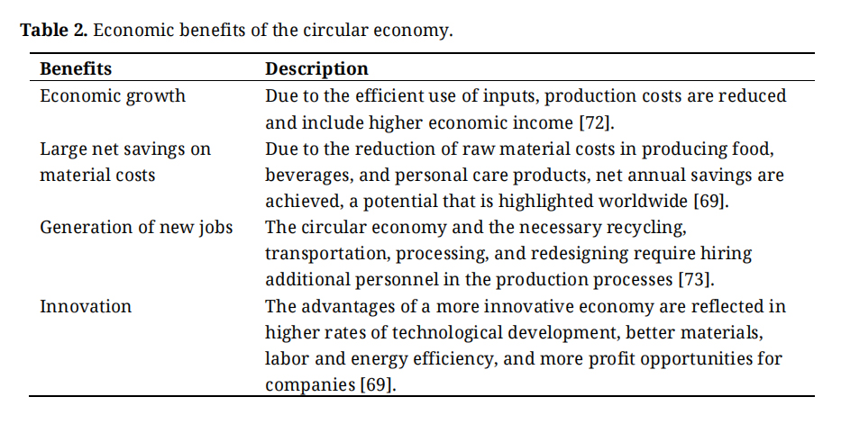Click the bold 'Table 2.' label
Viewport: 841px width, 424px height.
(x=53, y=31)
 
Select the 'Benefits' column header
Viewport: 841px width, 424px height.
(x=76, y=69)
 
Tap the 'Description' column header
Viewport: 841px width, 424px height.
(x=316, y=69)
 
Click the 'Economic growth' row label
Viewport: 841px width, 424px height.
(x=113, y=95)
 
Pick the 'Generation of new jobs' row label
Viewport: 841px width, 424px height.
(x=136, y=227)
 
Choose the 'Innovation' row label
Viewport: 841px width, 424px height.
(x=86, y=306)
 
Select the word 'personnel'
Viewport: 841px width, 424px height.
(x=381, y=280)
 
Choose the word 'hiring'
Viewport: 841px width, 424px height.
(x=725, y=254)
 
